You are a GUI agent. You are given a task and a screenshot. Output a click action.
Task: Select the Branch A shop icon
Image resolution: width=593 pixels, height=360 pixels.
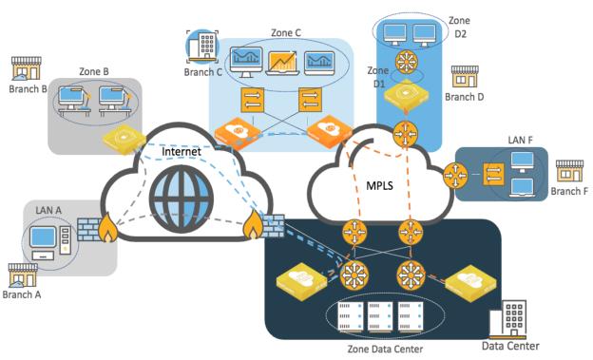click(22, 275)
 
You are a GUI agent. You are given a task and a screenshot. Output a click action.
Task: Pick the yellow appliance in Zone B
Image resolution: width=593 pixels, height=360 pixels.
click(124, 139)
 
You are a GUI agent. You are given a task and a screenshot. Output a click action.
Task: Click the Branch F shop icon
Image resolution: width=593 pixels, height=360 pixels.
click(569, 172)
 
